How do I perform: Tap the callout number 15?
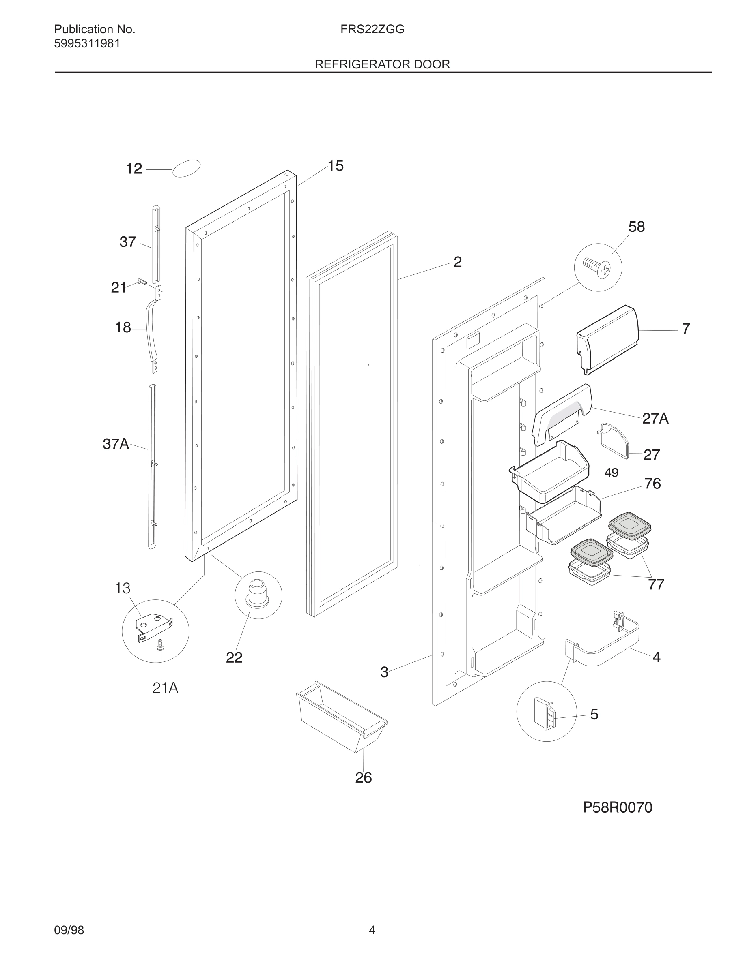336,166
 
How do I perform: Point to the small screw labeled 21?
142,281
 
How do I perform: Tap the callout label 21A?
165,687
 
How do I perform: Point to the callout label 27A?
655,418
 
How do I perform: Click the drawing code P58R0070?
617,807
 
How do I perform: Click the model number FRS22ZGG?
372,30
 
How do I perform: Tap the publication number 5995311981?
87,44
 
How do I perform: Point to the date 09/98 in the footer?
69,930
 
